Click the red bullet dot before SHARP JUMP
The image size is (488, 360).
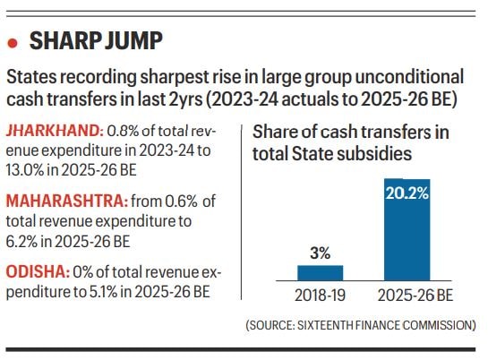pyautogui.click(x=13, y=42)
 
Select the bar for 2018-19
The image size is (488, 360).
pyautogui.click(x=319, y=272)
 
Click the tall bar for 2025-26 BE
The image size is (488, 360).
pyautogui.click(x=408, y=230)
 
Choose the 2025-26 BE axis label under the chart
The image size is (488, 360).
pyautogui.click(x=409, y=296)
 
